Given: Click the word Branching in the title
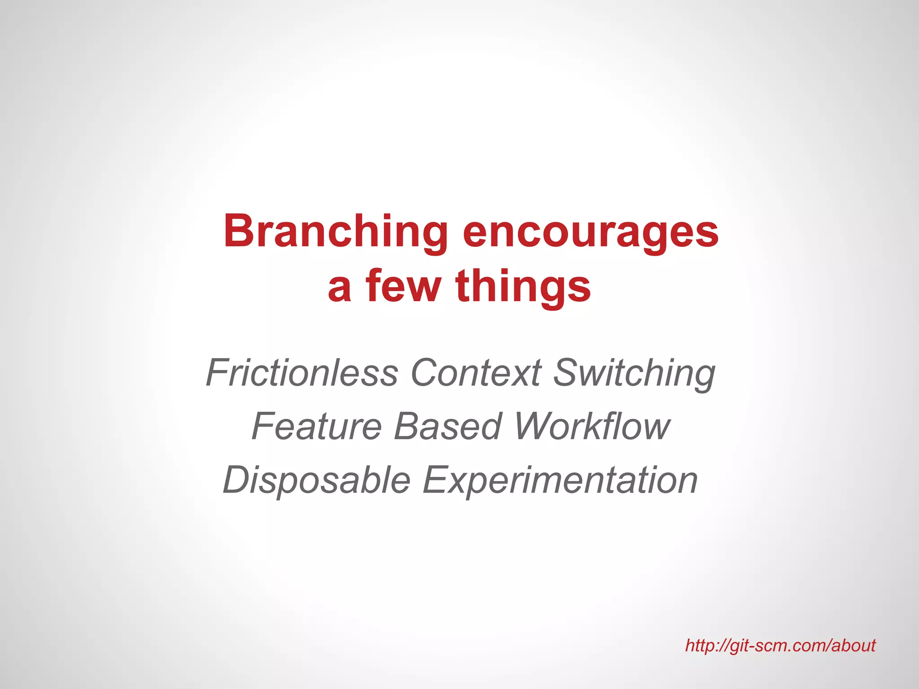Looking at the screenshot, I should click(x=336, y=231).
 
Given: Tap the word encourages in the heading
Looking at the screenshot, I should click(x=591, y=231).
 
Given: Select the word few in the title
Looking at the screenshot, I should click(x=403, y=286).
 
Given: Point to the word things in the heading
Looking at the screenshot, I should click(x=523, y=286).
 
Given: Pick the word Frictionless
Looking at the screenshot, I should click(x=302, y=372).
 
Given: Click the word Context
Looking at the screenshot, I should click(x=476, y=372).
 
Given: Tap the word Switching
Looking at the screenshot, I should click(x=634, y=372).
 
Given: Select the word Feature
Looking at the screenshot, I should click(x=317, y=426).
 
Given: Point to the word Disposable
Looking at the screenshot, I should click(x=317, y=480).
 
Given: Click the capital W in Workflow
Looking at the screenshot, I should click(x=532, y=426).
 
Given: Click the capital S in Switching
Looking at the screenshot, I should click(x=566, y=372).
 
